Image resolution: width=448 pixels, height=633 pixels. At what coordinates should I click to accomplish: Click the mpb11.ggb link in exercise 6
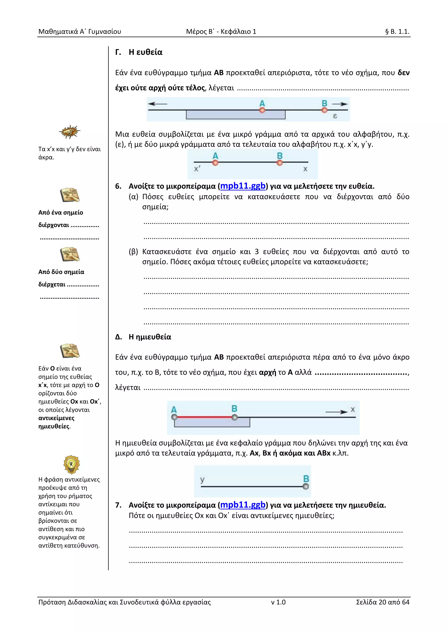coord(243,186)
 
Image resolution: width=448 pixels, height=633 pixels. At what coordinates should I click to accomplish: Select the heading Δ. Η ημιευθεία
coord(143,337)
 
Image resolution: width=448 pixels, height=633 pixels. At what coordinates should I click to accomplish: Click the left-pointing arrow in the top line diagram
coord(157,104)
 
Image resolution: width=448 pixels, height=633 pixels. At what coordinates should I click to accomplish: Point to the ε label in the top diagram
coord(335,116)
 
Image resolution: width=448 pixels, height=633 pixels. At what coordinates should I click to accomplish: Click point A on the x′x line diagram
coord(215,163)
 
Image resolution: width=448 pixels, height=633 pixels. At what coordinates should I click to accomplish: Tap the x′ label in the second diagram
coord(197,169)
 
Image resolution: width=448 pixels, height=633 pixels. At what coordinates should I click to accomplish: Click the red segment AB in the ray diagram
coord(204,417)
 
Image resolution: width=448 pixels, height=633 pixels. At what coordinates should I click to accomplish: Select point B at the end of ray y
coord(306,487)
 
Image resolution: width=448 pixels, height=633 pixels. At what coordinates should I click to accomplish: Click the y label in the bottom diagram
coord(202,480)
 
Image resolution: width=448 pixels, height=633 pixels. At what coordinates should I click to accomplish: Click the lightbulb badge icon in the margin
coord(72,464)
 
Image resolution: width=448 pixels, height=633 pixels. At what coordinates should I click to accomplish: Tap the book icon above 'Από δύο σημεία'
coord(70,254)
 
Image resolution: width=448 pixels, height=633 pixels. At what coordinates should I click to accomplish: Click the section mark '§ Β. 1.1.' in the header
coord(397,31)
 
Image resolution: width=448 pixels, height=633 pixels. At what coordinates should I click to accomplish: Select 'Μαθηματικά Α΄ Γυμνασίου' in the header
coord(80,31)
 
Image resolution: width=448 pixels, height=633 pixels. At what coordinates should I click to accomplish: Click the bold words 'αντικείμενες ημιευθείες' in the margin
coord(57,422)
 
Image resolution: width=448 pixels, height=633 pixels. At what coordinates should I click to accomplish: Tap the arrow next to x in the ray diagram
coord(337,412)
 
